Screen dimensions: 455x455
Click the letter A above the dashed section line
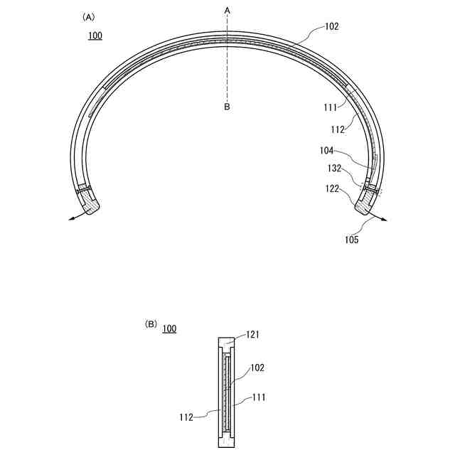[227, 11]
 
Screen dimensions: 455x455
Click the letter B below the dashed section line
[227, 107]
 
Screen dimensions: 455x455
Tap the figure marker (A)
[88, 17]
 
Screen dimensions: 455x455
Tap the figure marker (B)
[151, 324]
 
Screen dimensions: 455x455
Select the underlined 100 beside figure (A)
[95, 36]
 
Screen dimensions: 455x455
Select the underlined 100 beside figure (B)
[169, 328]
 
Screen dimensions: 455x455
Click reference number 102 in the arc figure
[332, 26]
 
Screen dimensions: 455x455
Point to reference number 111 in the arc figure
[330, 107]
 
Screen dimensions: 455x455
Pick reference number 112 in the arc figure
[338, 129]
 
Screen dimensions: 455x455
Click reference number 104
[326, 150]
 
